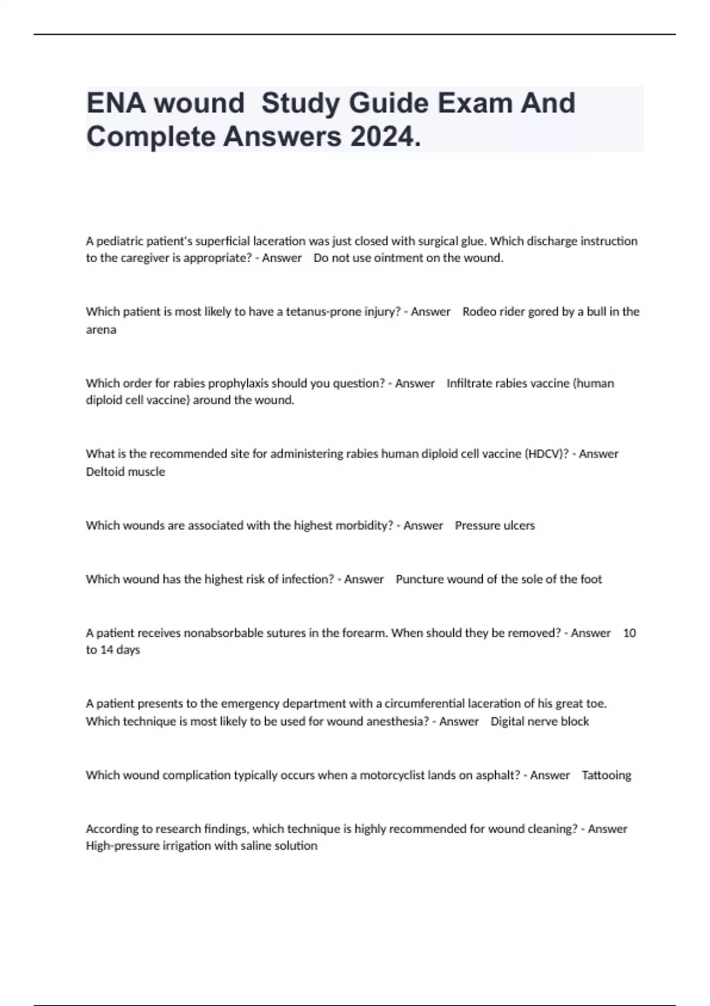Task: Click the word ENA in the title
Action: (115, 103)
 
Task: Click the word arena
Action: (101, 330)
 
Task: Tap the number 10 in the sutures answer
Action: (630, 633)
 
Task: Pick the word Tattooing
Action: (606, 775)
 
